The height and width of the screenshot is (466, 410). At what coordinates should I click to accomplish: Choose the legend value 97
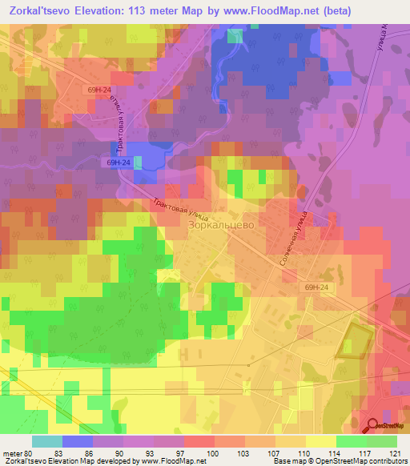coord(183,454)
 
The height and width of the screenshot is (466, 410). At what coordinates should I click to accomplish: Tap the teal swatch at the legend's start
coord(46,441)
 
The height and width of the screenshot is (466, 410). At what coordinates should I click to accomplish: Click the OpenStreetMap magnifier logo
coord(373,426)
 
